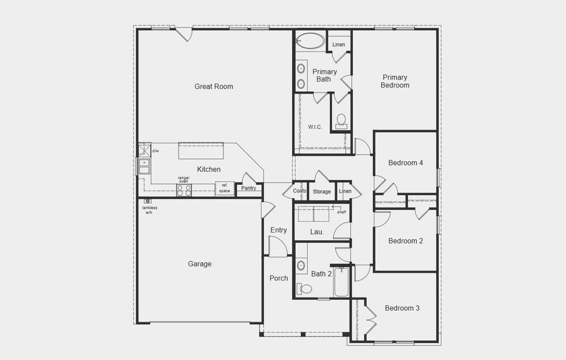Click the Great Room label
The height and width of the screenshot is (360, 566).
point(214,86)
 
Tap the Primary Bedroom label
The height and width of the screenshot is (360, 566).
point(395,81)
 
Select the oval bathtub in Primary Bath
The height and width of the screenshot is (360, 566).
point(310,41)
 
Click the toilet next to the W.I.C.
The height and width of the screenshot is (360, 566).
point(342,121)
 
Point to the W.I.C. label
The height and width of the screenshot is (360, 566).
point(315,127)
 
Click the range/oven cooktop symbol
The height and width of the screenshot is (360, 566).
point(184,190)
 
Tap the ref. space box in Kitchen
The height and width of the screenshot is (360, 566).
point(224,188)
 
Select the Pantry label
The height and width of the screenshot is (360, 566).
point(248,188)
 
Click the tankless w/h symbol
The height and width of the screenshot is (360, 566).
point(147,201)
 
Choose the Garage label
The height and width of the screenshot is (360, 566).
point(200,264)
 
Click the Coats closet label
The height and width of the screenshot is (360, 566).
point(300,191)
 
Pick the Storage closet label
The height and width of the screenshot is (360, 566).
point(322,192)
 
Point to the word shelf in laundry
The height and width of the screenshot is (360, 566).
point(341,212)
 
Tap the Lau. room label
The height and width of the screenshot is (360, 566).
point(317,232)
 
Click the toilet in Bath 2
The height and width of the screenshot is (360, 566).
point(305,289)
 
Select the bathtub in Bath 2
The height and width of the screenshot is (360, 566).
point(342,282)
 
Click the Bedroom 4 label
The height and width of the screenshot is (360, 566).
point(406,163)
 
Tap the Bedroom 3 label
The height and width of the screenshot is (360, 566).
point(402,308)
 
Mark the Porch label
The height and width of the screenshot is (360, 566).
point(278,278)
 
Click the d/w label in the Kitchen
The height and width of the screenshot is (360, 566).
point(155,151)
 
